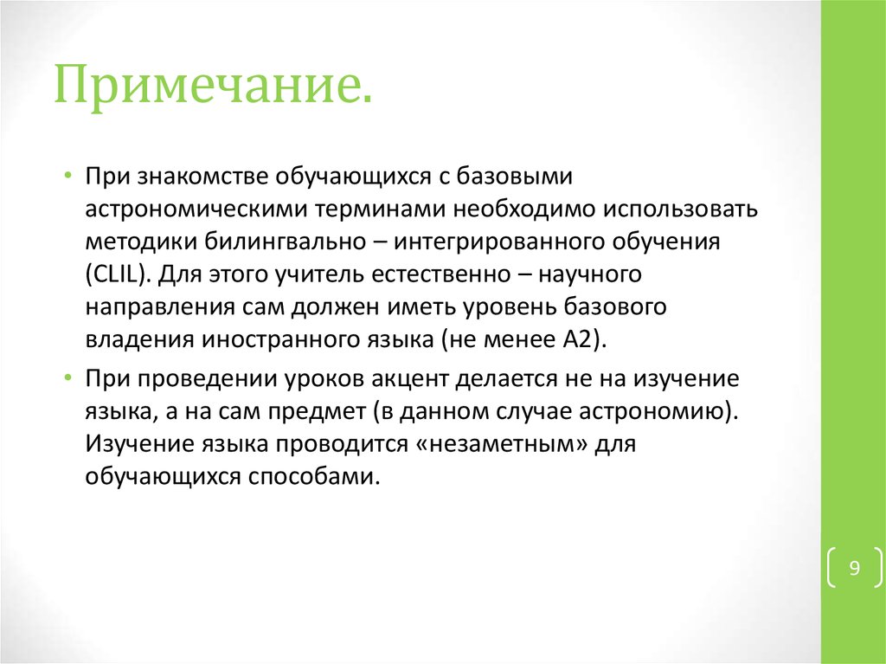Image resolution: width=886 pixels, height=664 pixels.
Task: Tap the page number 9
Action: click(854, 569)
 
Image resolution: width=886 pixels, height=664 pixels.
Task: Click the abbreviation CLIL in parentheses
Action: click(119, 275)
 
